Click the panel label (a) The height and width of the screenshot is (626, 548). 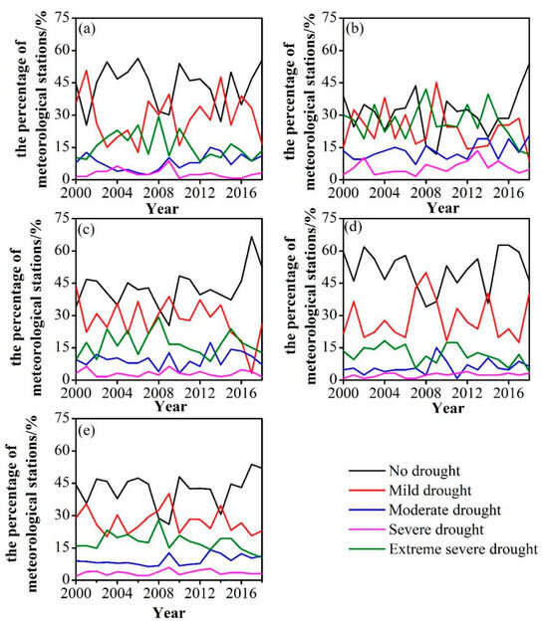pyautogui.click(x=88, y=28)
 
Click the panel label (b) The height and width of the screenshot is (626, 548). pyautogui.click(x=355, y=28)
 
